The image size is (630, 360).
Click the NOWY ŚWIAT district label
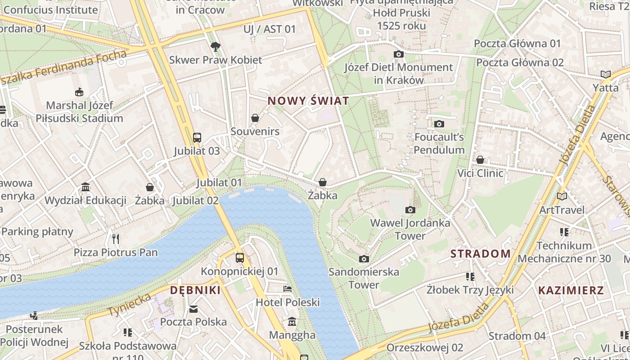pyautogui.click(x=308, y=101)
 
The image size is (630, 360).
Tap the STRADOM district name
pyautogui.click(x=481, y=254)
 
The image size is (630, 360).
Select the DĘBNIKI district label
pyautogui.click(x=195, y=290)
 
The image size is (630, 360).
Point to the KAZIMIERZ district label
pyautogui.click(x=571, y=290)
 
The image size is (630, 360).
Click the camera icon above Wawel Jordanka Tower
pyautogui.click(x=410, y=210)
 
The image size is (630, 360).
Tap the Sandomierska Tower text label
pyautogui.click(x=364, y=278)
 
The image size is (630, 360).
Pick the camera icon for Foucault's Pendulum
pyautogui.click(x=439, y=124)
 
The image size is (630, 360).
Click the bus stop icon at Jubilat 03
pyautogui.click(x=197, y=137)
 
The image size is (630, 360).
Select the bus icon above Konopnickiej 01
pyautogui.click(x=240, y=258)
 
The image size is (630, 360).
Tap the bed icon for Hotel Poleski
pyautogui.click(x=288, y=288)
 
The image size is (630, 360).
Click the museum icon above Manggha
pyautogui.click(x=292, y=322)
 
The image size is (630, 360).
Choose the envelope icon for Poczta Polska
pyautogui.click(x=193, y=309)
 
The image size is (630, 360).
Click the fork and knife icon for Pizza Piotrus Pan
pyautogui.click(x=116, y=238)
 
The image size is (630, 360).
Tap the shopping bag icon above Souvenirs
pyautogui.click(x=255, y=118)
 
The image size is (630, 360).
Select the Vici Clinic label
pyautogui.click(x=480, y=173)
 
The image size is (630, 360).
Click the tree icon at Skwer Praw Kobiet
pyautogui.click(x=216, y=46)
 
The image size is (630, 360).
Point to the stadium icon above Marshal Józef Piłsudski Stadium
pyautogui.click(x=79, y=92)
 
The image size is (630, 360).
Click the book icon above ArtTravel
pyautogui.click(x=562, y=196)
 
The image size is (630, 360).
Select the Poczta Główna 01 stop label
pyautogui.click(x=517, y=44)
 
